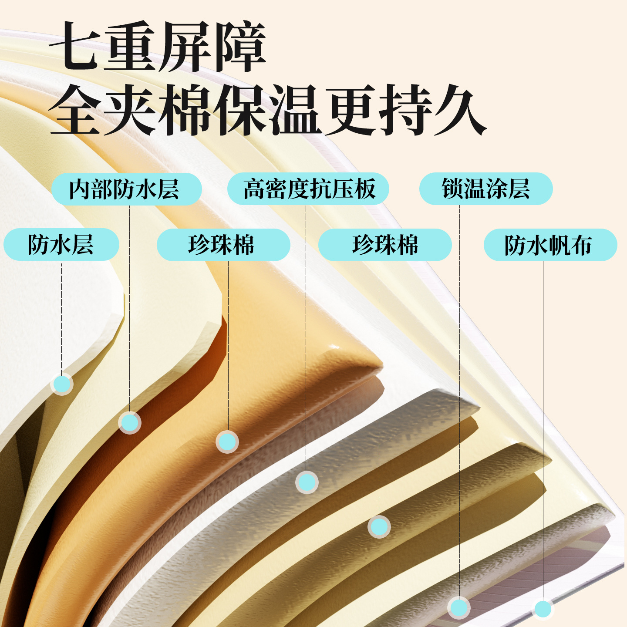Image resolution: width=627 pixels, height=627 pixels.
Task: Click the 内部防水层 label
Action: [127, 189]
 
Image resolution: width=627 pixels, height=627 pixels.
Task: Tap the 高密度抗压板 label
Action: [308, 189]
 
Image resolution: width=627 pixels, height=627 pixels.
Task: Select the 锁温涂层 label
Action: [486, 189]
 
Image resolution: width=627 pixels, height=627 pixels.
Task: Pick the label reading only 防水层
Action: [61, 244]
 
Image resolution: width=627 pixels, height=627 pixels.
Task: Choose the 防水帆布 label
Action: [550, 245]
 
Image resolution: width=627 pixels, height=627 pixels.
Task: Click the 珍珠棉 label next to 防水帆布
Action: [385, 245]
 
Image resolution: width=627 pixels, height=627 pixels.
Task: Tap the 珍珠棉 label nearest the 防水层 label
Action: [223, 245]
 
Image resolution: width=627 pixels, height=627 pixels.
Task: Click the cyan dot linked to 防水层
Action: [62, 384]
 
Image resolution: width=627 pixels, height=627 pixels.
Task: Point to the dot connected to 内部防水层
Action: [129, 423]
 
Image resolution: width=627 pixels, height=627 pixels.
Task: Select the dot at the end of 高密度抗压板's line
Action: [307, 482]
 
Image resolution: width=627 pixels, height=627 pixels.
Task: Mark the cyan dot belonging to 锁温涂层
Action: [459, 607]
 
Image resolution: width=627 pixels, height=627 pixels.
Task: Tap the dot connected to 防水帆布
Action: [543, 609]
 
